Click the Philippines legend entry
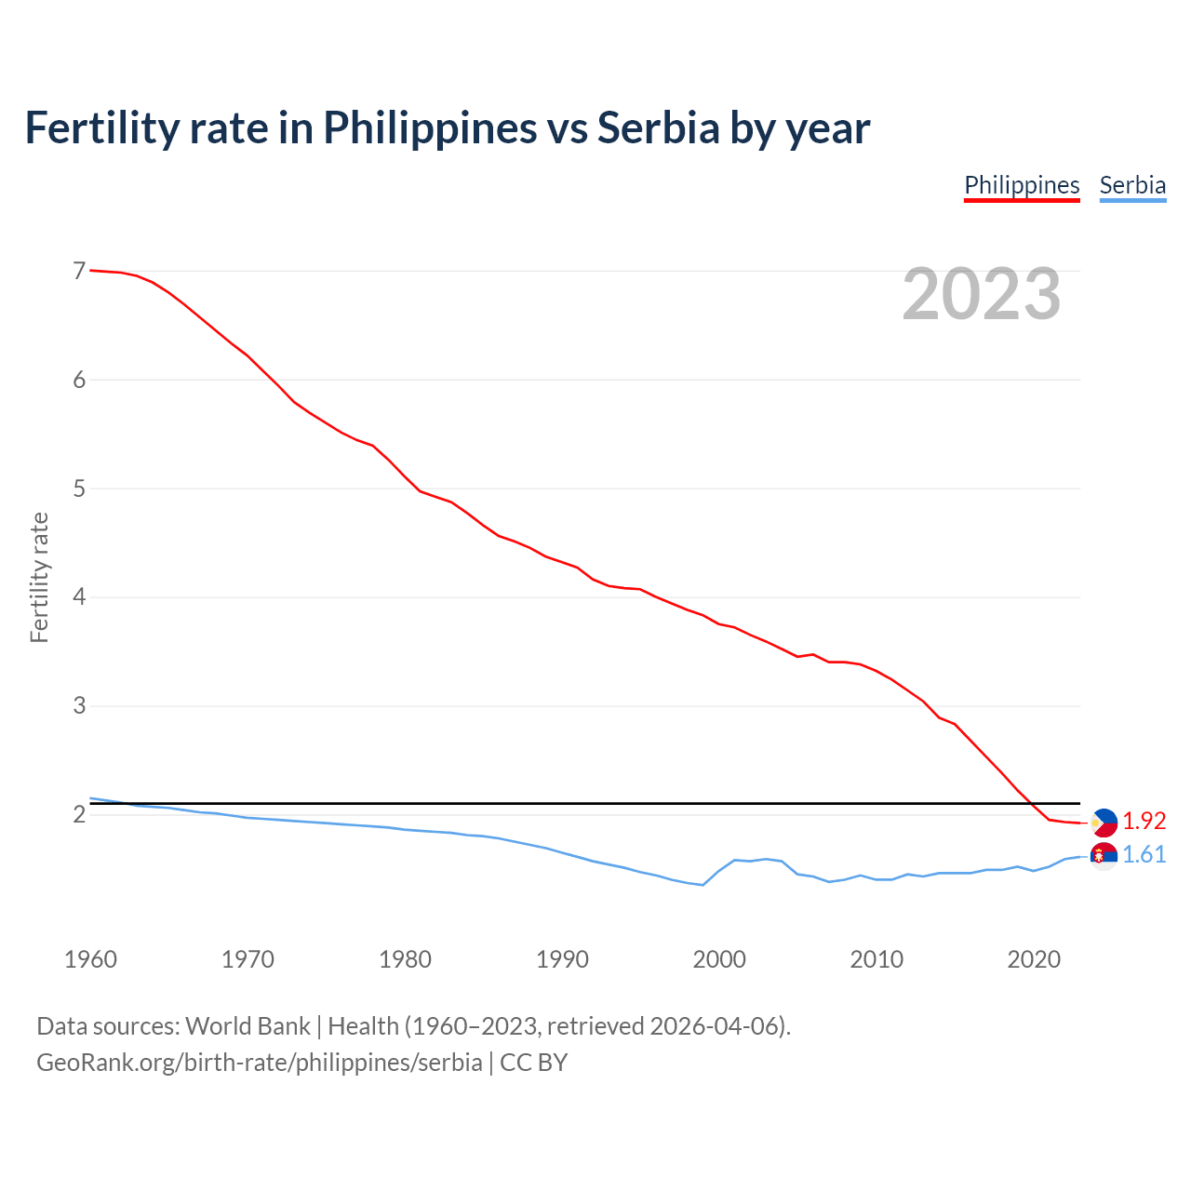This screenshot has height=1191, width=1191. pyautogui.click(x=1022, y=185)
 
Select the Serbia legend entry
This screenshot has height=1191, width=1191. pyautogui.click(x=1132, y=185)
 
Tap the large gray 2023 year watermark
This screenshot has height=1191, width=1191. pyautogui.click(x=982, y=294)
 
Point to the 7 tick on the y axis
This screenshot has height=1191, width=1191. pyautogui.click(x=79, y=271)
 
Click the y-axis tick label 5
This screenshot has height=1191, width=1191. pyautogui.click(x=79, y=488)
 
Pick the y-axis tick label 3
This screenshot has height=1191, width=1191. pyautogui.click(x=79, y=705)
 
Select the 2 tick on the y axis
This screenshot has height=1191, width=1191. pyautogui.click(x=79, y=814)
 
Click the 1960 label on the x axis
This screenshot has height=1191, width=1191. pyautogui.click(x=90, y=959)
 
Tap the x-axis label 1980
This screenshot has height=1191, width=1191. pyautogui.click(x=405, y=959)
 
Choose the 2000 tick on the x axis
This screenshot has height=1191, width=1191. pyautogui.click(x=719, y=959)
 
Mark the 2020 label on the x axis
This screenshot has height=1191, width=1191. pyautogui.click(x=1034, y=959)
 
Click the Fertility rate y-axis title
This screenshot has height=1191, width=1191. pyautogui.click(x=39, y=577)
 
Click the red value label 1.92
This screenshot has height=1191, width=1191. pyautogui.click(x=1144, y=821)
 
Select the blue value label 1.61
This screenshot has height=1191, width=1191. pyautogui.click(x=1144, y=854)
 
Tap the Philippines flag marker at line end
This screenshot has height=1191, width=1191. pyautogui.click(x=1104, y=823)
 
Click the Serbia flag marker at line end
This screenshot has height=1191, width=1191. pyautogui.click(x=1104, y=855)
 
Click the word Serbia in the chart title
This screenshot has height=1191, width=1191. pyautogui.click(x=658, y=127)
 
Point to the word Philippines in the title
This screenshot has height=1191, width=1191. pyautogui.click(x=430, y=127)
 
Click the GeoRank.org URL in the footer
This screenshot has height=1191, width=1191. pyautogui.click(x=259, y=1062)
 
